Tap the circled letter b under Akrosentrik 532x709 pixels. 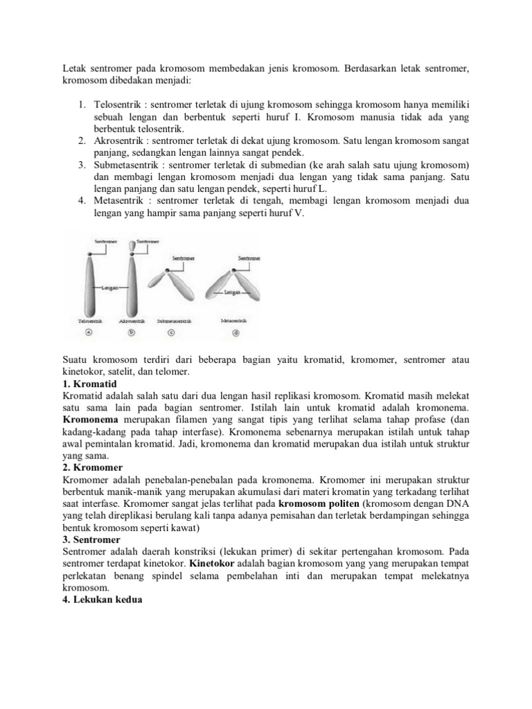point(132,332)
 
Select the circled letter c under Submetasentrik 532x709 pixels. point(172,332)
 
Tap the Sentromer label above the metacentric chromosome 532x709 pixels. point(249,257)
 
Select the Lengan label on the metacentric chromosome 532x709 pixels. point(231,293)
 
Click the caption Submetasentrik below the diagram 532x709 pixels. point(175,321)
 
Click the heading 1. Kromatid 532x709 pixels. point(90,384)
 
